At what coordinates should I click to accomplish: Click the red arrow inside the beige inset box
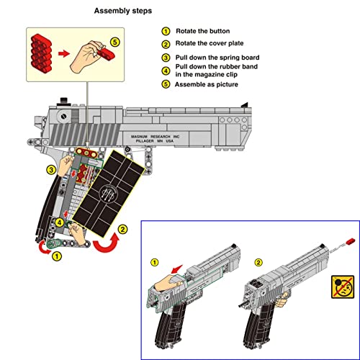(x=65, y=53)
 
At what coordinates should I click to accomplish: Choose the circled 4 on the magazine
(x=58, y=222)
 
